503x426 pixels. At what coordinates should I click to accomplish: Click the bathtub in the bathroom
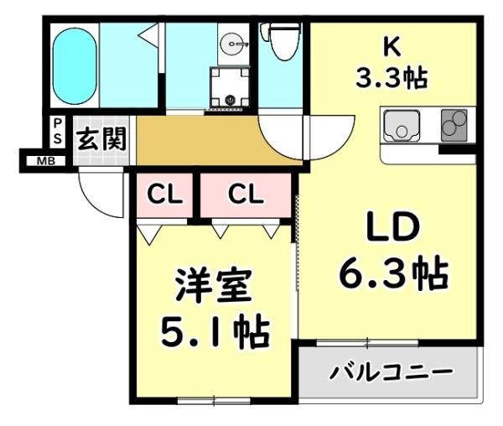coord(75,66)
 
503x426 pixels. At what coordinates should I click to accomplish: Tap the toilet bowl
coord(282,41)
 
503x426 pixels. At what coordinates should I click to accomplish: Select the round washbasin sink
coord(234,44)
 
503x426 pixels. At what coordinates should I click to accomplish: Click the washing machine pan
coord(230,87)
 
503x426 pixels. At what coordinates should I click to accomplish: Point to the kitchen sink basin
coord(402,126)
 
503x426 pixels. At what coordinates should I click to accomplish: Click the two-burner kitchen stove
coord(454,126)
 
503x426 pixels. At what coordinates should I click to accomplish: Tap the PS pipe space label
coord(57,131)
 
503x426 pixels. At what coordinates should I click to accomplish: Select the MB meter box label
coord(46,161)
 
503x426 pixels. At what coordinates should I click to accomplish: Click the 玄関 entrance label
coord(101,139)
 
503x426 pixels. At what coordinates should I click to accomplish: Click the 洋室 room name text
coord(213,286)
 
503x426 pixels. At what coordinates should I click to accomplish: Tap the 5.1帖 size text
coord(215,332)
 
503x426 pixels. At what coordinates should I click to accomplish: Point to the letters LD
coord(393,227)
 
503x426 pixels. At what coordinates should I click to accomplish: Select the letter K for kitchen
coord(392,47)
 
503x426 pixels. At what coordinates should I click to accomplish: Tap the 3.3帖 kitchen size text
coord(392,78)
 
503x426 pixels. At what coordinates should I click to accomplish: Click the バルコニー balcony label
coord(391,372)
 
